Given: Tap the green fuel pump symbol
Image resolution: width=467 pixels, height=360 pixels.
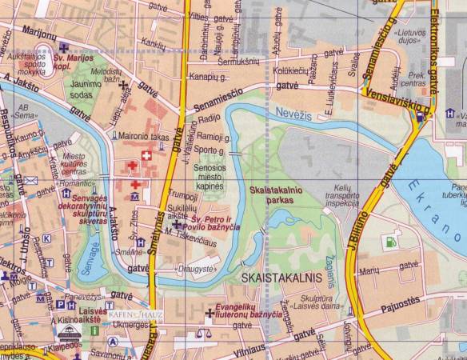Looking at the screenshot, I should [x=390, y=238].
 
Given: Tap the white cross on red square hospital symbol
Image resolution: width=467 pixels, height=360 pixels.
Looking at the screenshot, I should [x=146, y=154].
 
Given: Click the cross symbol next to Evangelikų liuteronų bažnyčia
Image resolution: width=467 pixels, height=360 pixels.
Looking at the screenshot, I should [x=210, y=314].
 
